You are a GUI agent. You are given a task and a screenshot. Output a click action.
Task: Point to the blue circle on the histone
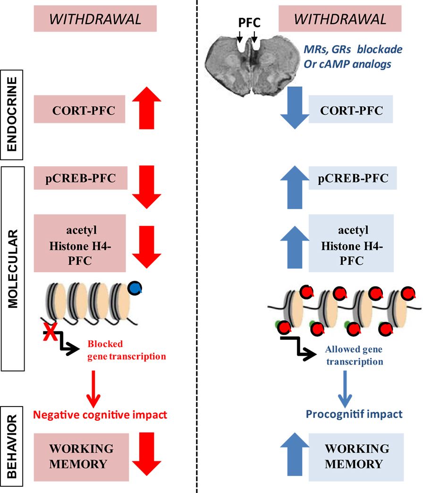(136, 288)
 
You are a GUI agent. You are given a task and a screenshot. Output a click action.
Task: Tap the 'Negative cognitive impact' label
(100, 415)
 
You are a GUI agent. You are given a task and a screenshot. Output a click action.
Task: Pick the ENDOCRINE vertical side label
(15, 114)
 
